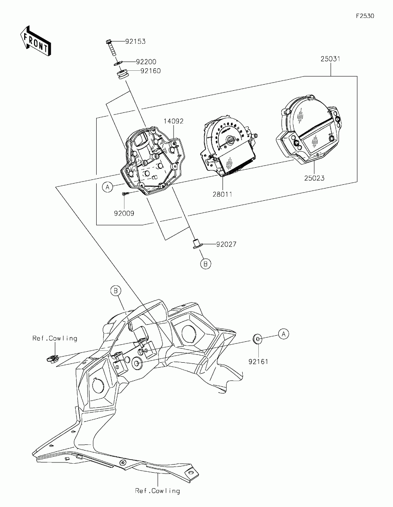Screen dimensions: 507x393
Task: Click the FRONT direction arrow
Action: tap(36, 40)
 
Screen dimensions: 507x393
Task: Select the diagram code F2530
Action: tap(365, 16)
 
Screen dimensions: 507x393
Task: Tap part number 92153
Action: tap(136, 42)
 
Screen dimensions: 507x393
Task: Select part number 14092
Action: tap(174, 121)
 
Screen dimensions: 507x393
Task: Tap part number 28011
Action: tap(222, 194)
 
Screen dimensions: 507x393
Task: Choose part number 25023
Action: tap(315, 178)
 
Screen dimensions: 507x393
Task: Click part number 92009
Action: tap(124, 213)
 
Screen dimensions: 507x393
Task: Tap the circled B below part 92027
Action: tap(206, 264)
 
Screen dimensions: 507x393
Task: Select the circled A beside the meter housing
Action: tap(107, 187)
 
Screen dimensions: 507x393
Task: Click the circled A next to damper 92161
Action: tap(284, 334)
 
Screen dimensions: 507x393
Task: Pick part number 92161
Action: tap(258, 361)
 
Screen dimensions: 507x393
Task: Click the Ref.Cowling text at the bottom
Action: tap(158, 491)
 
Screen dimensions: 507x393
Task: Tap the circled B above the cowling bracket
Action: tap(116, 291)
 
